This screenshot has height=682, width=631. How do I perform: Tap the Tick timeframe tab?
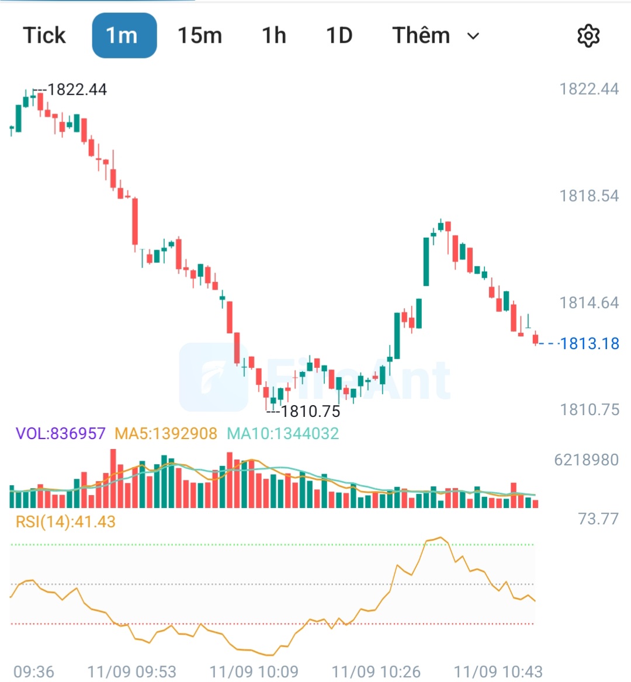[x=44, y=35]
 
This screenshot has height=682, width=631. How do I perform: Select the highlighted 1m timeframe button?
[x=124, y=35]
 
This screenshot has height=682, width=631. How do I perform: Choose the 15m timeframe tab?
[x=200, y=35]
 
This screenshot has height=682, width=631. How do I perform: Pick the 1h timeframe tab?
[x=273, y=35]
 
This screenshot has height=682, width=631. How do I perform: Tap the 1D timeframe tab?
[x=339, y=35]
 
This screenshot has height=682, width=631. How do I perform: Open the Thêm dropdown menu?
[x=436, y=35]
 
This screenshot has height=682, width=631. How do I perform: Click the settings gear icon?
[x=588, y=36]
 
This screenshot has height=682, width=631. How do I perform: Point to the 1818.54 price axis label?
[x=589, y=196]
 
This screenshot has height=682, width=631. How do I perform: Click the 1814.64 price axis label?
[x=589, y=302]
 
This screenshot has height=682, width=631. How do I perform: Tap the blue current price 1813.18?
[x=589, y=343]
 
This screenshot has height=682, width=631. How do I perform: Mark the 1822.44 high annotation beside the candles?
[x=77, y=89]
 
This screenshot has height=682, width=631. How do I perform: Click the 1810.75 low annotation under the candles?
[x=310, y=412]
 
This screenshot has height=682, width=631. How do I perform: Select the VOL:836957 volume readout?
[x=61, y=433]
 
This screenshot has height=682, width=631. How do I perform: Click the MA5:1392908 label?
[x=166, y=433]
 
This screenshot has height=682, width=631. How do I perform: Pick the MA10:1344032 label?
[x=283, y=433]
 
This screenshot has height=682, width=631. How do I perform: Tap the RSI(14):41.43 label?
[x=65, y=521]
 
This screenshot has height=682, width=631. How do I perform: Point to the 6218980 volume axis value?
[x=586, y=460]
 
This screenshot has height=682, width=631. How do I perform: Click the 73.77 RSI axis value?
[x=598, y=519]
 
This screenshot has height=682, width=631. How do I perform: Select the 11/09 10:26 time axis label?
[x=376, y=671]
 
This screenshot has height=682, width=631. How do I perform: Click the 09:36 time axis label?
[x=34, y=671]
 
